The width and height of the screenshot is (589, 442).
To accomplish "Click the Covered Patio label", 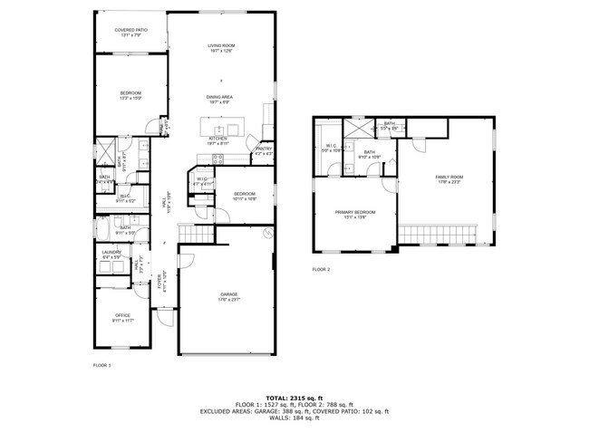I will tap(131, 30).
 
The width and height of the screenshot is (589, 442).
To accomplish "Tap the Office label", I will tap(122, 316).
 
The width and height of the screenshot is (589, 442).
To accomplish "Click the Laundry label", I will tap(111, 252).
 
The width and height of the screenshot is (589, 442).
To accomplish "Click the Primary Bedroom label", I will tap(354, 212).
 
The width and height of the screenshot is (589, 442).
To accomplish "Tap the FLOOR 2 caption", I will tap(322, 270).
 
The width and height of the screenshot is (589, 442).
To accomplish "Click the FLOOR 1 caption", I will tap(101, 365).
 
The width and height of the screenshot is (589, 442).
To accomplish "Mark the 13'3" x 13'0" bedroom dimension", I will tap(131, 99).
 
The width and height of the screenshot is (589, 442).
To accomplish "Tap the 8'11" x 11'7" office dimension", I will tap(122, 322).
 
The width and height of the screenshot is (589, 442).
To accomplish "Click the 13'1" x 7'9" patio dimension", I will tap(131, 35).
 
